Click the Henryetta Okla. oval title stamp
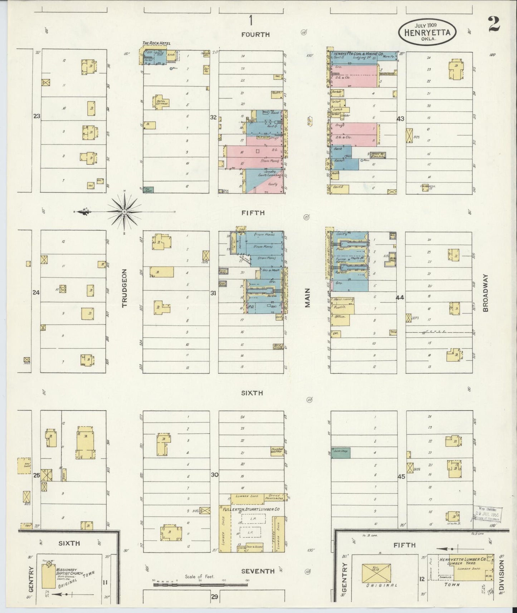pos(427,31)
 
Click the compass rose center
pos(124,212)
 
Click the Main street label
pos(308,298)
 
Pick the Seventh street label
pos(258,571)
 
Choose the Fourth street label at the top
pos(255,34)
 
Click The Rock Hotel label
pos(156,43)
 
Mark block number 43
pos(400,119)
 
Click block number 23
pos(37,116)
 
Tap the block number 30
pos(214,475)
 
